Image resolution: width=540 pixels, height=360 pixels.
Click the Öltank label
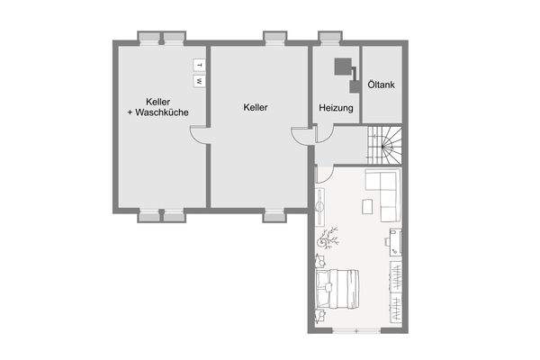pos(380,85)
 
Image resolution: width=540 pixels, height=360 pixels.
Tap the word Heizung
pos(336,108)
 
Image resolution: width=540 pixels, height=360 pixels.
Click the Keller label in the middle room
pos(256,107)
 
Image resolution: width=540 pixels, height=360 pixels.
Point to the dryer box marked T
pos(199,65)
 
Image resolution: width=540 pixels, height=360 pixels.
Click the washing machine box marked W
pos(199,80)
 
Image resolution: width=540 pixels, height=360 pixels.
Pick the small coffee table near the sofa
pos(366,206)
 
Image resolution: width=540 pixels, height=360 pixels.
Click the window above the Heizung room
pos(329,38)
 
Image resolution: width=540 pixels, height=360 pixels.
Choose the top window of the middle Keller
pos(274,38)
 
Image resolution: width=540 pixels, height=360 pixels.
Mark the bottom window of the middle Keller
pos(274,216)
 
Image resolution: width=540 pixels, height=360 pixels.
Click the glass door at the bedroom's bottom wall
pos(357,332)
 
